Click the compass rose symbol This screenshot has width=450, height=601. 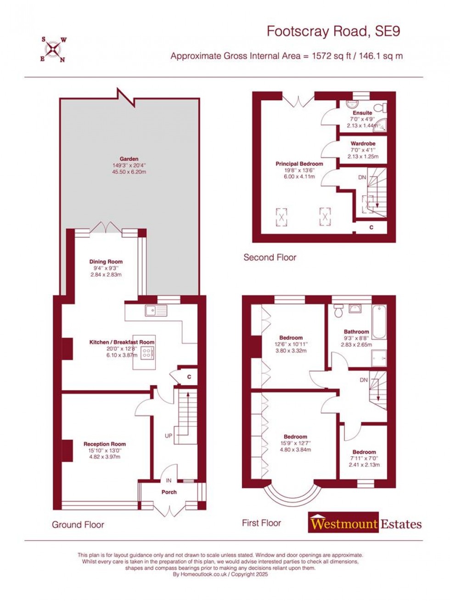[x=54, y=49]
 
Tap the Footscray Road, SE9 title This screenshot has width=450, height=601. [x=333, y=31]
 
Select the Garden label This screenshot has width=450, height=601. [x=129, y=159]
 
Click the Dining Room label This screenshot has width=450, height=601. [x=106, y=262]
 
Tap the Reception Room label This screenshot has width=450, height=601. [x=105, y=444]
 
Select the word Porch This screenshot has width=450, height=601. [x=169, y=492]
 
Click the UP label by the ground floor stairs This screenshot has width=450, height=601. [x=169, y=435]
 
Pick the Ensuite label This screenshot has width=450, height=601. [x=362, y=113]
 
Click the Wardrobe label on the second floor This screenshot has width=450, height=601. [x=363, y=144]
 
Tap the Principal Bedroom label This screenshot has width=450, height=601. [x=299, y=164]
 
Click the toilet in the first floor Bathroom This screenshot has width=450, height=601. [x=338, y=311]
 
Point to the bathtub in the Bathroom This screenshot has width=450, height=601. [x=379, y=322]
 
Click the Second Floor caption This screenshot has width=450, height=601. [x=270, y=257]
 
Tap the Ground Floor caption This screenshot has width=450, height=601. [x=78, y=525]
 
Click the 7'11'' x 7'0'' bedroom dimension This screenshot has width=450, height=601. [x=364, y=458]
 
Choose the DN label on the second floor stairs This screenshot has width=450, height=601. [x=362, y=177]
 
